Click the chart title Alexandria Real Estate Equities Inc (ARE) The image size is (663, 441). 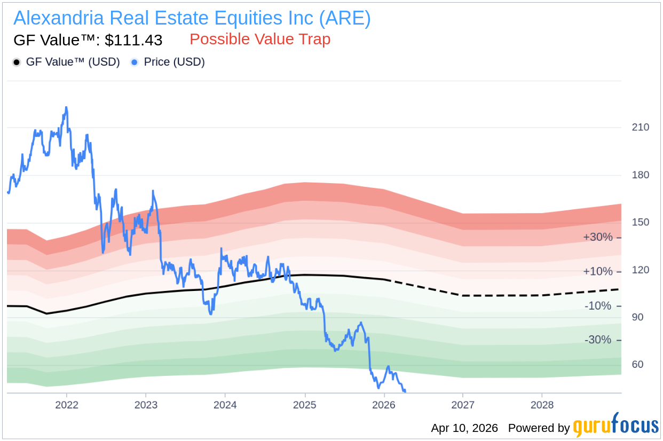(192, 18)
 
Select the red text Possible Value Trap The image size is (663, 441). (260, 40)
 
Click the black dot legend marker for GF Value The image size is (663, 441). (17, 62)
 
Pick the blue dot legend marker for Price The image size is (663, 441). (135, 62)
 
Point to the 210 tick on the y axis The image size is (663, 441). (641, 127)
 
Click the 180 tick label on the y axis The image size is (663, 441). (641, 175)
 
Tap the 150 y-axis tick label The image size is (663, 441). (641, 222)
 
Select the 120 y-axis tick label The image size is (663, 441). (641, 270)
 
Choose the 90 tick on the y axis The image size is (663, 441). (637, 317)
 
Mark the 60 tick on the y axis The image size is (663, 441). (637, 365)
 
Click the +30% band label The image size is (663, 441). (598, 237)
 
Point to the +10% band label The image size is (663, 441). (598, 272)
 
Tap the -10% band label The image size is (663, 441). (598, 306)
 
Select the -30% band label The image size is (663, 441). (598, 340)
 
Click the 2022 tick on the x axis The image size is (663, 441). (67, 405)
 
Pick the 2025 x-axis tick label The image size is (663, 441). (304, 405)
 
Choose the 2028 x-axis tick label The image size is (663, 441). (542, 405)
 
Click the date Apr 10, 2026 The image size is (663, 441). (464, 428)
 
